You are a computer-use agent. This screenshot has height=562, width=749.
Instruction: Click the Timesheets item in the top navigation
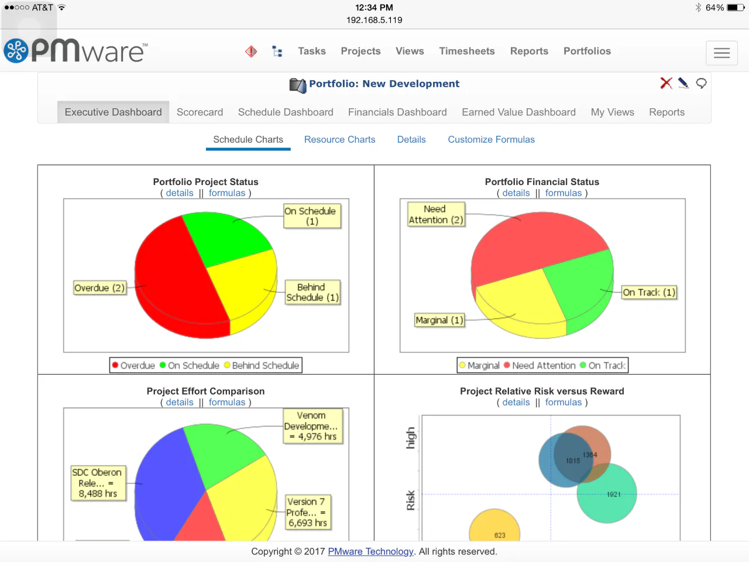466,52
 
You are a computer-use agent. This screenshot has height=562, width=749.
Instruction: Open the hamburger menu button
721,53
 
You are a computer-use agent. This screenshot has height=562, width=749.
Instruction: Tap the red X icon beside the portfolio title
666,83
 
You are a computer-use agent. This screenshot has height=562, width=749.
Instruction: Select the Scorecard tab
200,112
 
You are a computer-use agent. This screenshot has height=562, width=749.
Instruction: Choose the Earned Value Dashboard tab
518,112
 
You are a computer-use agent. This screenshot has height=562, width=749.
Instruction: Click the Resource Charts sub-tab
339,140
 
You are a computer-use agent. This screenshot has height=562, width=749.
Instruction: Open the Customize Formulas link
491,140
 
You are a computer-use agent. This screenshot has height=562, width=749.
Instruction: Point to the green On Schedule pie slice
225,237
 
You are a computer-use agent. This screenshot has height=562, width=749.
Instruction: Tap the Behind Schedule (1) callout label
312,293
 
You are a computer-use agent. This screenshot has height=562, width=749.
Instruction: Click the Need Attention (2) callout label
435,214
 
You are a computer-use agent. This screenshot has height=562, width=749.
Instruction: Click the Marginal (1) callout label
439,320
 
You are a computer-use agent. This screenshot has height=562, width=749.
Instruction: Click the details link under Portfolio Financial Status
516,193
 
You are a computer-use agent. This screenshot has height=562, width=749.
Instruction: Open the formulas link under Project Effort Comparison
227,403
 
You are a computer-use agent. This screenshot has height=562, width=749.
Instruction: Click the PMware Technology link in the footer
370,551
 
